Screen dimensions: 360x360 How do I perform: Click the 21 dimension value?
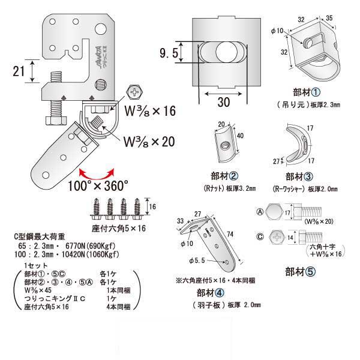coord(19,71)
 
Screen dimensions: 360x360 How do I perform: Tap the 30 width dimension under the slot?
coord(223,103)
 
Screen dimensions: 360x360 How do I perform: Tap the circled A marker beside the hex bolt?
coord(259,211)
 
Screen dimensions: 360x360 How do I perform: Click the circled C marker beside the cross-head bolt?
coord(259,236)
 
